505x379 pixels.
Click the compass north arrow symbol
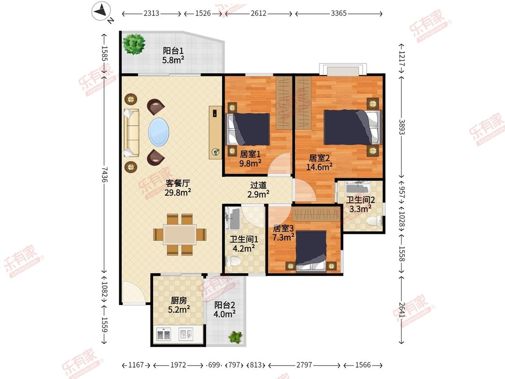[x=102, y=12]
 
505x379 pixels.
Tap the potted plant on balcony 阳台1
[x=134, y=44]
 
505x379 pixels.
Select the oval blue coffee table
[x=158, y=132]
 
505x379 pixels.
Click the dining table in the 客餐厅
[x=180, y=234]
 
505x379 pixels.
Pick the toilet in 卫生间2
[x=374, y=221]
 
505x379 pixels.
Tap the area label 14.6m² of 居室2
[x=319, y=167]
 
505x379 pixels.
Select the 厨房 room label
[x=179, y=300]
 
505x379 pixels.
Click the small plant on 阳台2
[x=235, y=337]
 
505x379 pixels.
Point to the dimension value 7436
[x=104, y=174]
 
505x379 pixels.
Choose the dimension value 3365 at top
[x=338, y=13]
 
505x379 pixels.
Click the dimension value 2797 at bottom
[x=304, y=365]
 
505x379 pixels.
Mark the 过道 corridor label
[x=258, y=185]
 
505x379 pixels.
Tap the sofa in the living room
[x=131, y=133]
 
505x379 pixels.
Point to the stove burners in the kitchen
[x=163, y=335]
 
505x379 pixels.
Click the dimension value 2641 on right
[x=401, y=310]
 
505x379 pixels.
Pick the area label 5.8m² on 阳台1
[x=173, y=60]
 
